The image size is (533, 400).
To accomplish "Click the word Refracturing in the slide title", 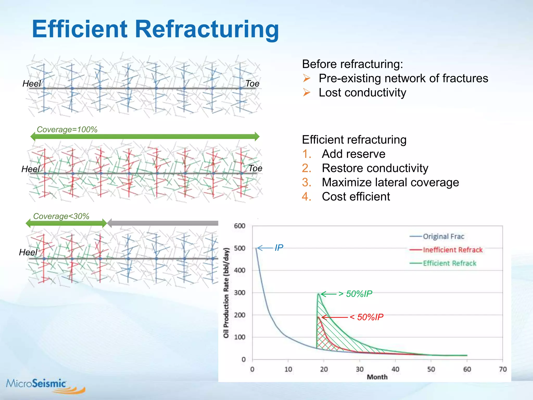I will point(207,29).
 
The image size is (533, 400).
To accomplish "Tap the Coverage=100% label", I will point(67,129).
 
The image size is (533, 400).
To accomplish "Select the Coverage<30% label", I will point(61,216).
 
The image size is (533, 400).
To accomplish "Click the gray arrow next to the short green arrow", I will point(163,223).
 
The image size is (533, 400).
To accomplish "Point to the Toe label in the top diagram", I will point(252,84).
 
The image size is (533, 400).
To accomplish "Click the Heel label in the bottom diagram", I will point(28,252).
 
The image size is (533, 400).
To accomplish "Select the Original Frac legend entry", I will point(443,236).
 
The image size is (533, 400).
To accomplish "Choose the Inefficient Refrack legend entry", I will point(452,250).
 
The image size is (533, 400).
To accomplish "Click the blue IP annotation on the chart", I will point(279,248).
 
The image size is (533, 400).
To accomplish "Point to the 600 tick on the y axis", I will point(239,226).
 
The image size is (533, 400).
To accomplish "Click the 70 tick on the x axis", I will point(503,369).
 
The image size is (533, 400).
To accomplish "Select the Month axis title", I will point(377,377).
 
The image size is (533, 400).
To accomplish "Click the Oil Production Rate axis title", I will point(226,293).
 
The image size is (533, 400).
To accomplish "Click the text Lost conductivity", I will point(362,93).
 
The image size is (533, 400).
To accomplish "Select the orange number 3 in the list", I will point(306,182).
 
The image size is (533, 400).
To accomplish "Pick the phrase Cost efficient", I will point(356,197).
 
